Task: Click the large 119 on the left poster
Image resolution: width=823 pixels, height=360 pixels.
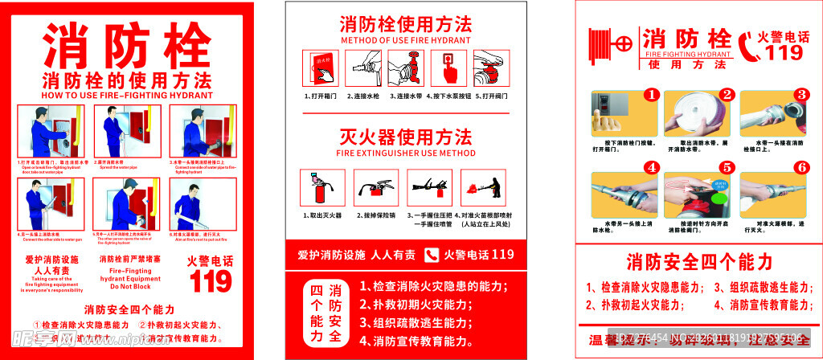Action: point(211,280)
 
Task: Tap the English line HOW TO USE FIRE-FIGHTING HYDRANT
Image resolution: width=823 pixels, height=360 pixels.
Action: point(128,95)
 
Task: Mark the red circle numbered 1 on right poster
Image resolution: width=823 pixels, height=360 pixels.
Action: point(652,95)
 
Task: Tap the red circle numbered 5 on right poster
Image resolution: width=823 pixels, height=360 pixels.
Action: point(727,168)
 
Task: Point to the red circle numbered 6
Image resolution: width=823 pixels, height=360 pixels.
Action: point(800,168)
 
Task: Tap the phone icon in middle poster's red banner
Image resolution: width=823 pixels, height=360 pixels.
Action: point(431,255)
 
